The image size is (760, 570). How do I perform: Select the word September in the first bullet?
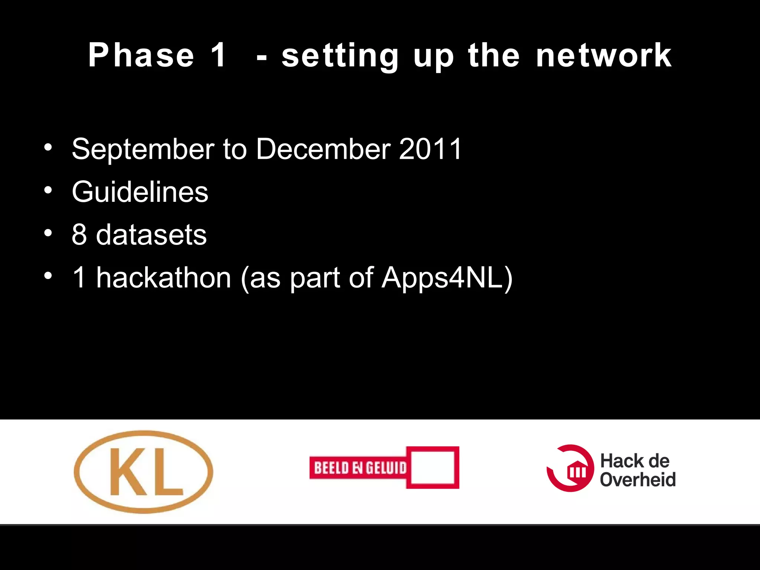pyautogui.click(x=143, y=149)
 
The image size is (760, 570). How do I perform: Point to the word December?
pyautogui.click(x=323, y=149)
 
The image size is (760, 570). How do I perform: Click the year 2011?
pyautogui.click(x=430, y=149)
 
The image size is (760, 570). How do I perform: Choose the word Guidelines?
pyautogui.click(x=140, y=192)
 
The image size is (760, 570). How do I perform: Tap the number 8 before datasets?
pyautogui.click(x=79, y=235)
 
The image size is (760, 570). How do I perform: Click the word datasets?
pyautogui.click(x=151, y=235)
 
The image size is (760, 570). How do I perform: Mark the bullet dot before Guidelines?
pyautogui.click(x=48, y=190)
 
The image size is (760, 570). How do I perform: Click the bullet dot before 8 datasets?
pyautogui.click(x=48, y=233)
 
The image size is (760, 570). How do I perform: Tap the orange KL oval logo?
pyautogui.click(x=144, y=472)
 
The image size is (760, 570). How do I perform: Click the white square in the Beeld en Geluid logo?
pyautogui.click(x=433, y=468)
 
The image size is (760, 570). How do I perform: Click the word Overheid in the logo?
pyautogui.click(x=638, y=479)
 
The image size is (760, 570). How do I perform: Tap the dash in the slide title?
pyautogui.click(x=262, y=58)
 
